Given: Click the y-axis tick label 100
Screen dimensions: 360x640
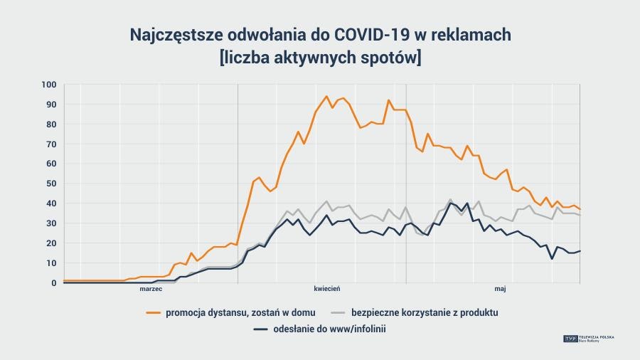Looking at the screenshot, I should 48,85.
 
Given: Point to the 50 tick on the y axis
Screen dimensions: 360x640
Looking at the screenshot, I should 50,184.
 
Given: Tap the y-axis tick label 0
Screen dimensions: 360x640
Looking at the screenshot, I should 53,282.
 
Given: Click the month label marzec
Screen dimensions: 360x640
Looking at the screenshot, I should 151,289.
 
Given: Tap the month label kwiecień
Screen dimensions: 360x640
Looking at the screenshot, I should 328,289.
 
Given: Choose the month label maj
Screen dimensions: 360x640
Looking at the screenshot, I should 500,289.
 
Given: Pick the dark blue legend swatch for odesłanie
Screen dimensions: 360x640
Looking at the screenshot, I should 261,329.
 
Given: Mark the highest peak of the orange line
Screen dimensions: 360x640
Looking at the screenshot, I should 326,97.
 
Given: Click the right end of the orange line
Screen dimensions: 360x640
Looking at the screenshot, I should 580,209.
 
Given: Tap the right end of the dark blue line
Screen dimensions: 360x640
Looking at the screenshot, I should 580,251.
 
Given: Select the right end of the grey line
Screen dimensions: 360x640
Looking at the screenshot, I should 580,215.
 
